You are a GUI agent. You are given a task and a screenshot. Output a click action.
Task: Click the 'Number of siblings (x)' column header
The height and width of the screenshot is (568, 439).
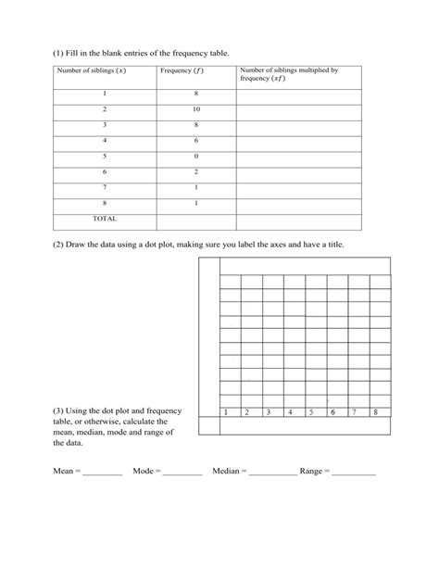pyautogui.click(x=92, y=70)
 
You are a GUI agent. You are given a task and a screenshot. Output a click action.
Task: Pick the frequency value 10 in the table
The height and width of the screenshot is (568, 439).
pyautogui.click(x=195, y=109)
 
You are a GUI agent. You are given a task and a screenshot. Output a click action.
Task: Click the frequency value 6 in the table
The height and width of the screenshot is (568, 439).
pyautogui.click(x=195, y=141)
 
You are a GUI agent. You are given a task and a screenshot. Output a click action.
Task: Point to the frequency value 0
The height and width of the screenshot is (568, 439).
pyautogui.click(x=195, y=157)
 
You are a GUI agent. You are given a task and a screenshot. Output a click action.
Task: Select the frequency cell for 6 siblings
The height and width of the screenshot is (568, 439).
pyautogui.click(x=195, y=172)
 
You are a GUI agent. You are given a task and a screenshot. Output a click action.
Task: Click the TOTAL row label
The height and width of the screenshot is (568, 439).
pyautogui.click(x=105, y=220)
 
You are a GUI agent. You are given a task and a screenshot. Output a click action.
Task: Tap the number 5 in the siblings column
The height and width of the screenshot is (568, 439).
pyautogui.click(x=105, y=157)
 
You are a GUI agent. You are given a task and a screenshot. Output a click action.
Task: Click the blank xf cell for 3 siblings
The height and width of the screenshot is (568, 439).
pyautogui.click(x=298, y=125)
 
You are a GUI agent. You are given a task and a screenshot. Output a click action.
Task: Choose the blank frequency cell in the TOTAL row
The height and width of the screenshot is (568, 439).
pyautogui.click(x=195, y=221)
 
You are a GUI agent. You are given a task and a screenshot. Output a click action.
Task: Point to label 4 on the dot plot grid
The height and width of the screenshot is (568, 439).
pyautogui.click(x=289, y=412)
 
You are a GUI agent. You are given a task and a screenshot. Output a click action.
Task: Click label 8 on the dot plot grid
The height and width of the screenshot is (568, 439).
pyautogui.click(x=375, y=412)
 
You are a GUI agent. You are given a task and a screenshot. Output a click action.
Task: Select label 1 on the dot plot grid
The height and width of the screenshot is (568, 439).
pyautogui.click(x=225, y=412)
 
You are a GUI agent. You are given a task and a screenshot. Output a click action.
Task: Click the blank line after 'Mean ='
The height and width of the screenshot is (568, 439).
pyautogui.click(x=102, y=473)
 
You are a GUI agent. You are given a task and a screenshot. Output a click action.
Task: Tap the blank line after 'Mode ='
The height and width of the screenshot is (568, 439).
pyautogui.click(x=182, y=473)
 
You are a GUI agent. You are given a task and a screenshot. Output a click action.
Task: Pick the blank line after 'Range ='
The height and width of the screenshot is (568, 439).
pyautogui.click(x=354, y=473)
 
